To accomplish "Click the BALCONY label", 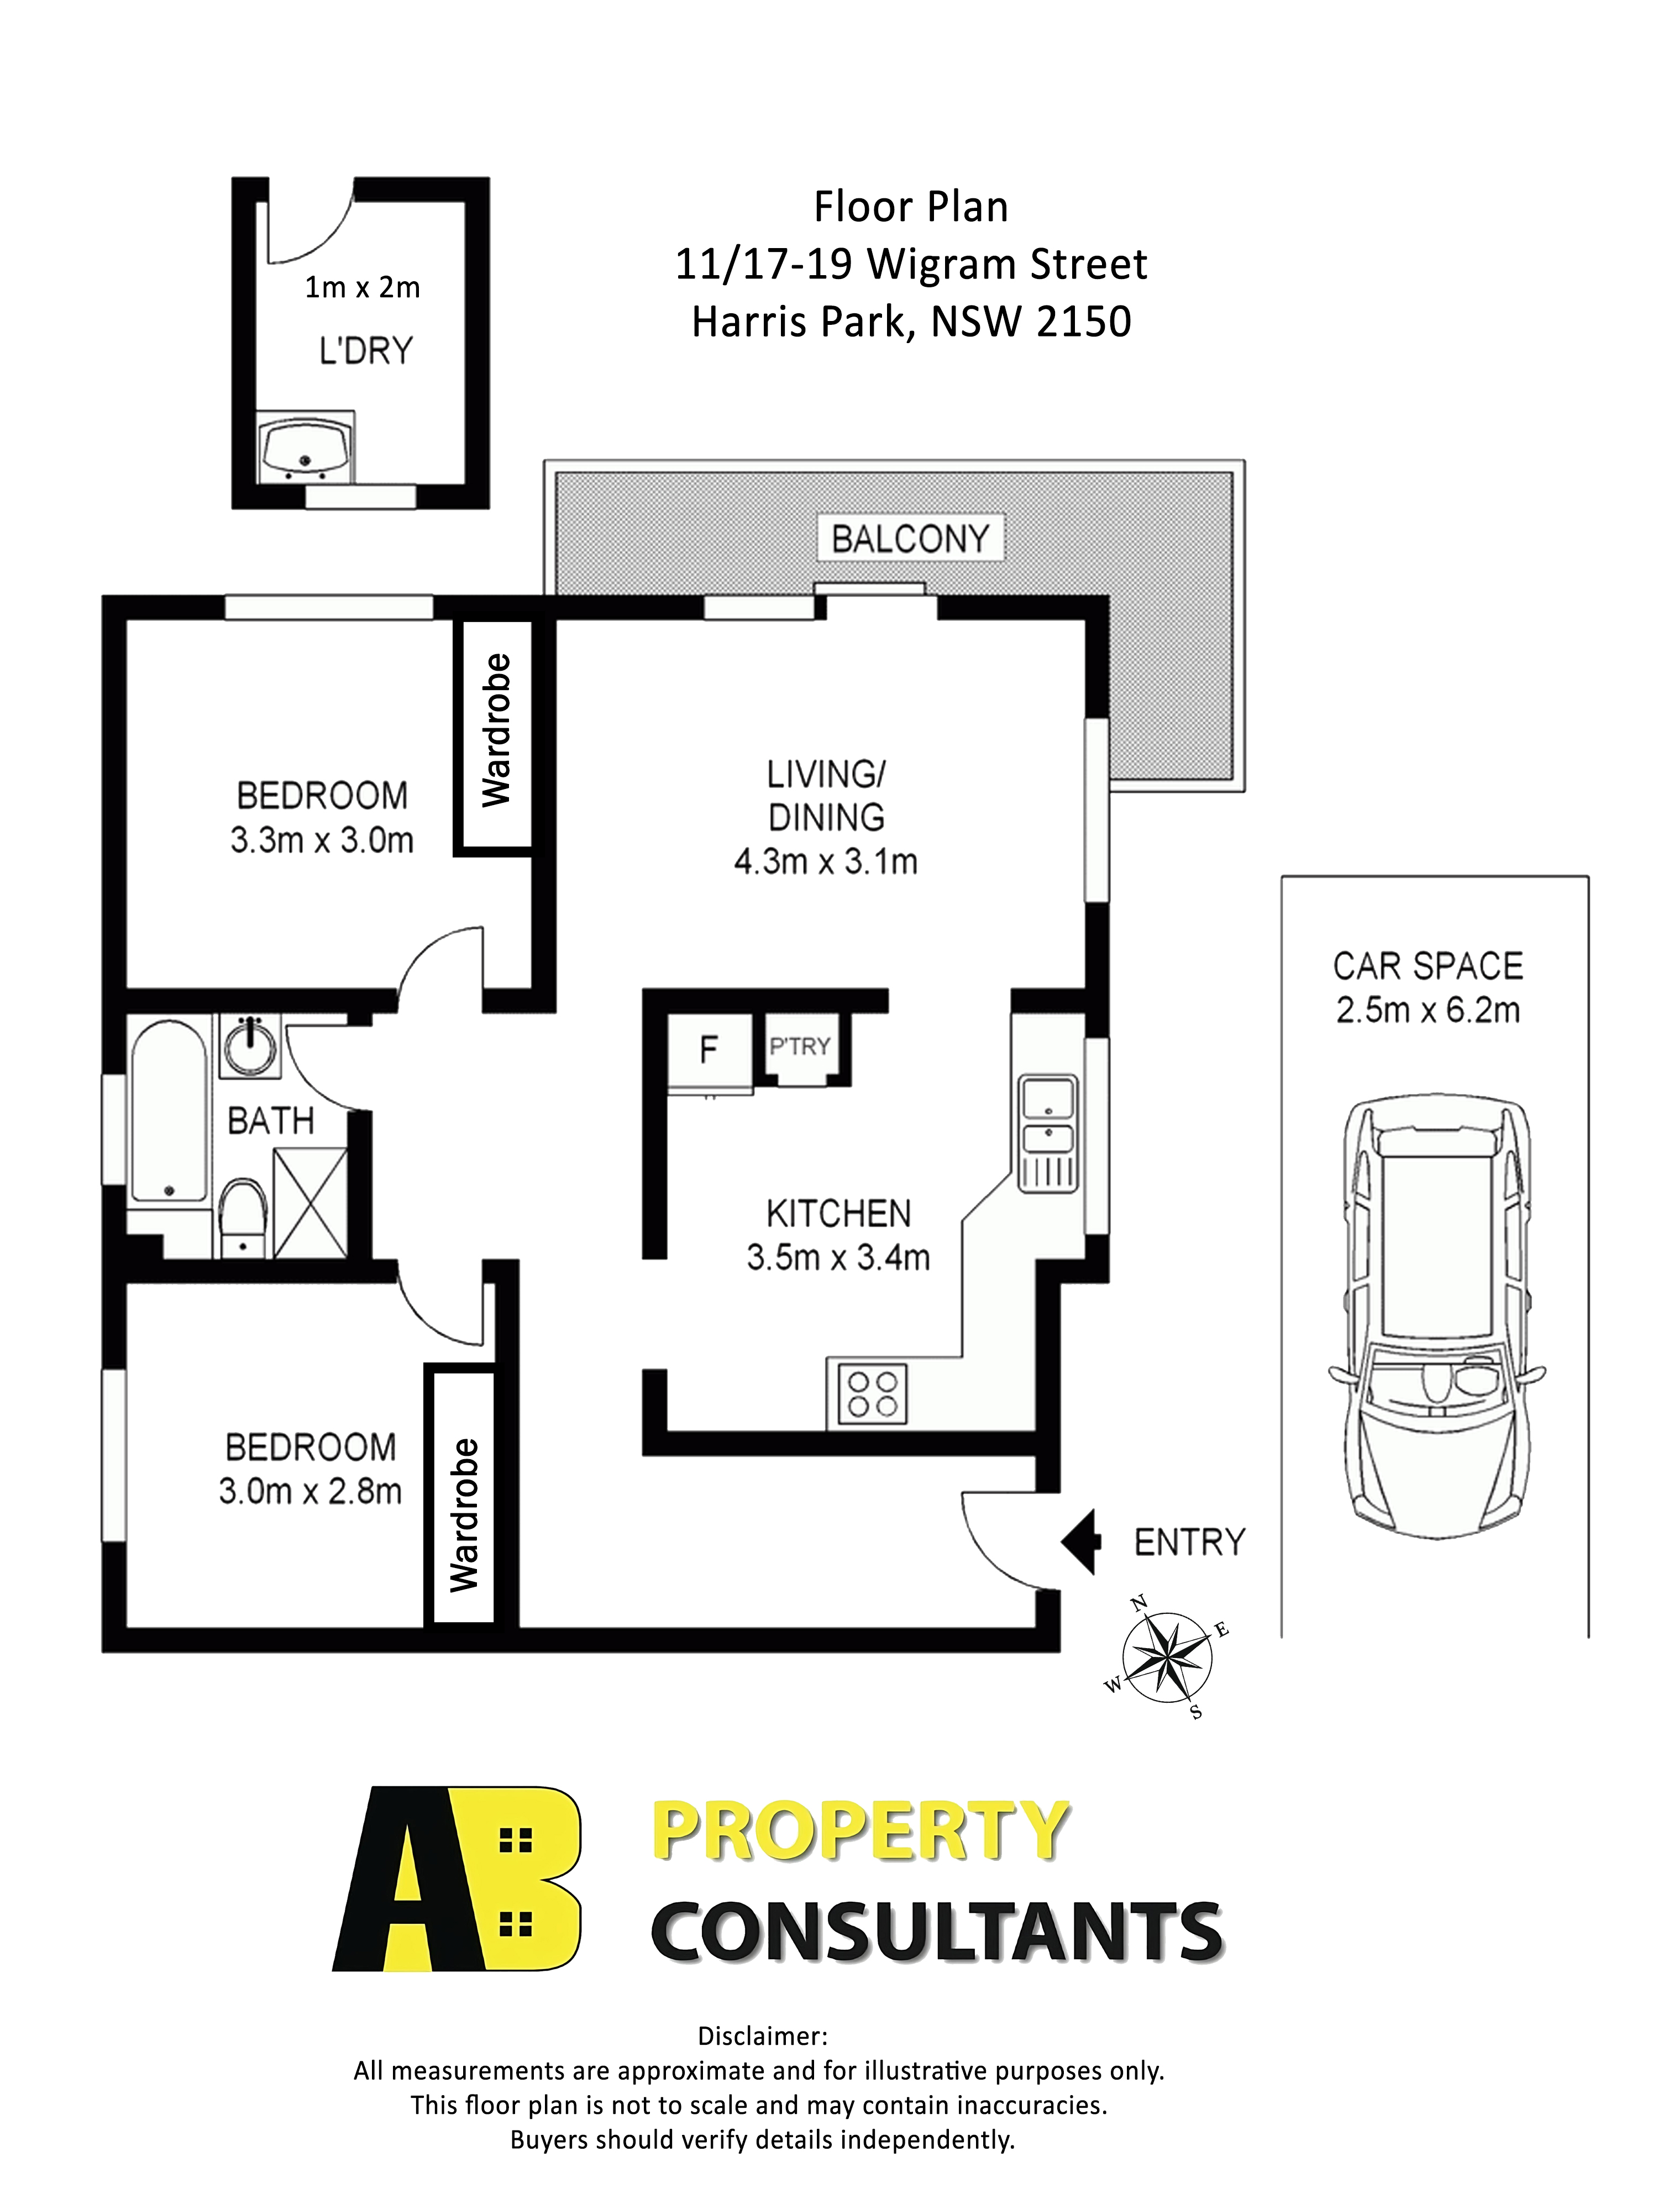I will pyautogui.click(x=910, y=539).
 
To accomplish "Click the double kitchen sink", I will pyautogui.click(x=1046, y=1133).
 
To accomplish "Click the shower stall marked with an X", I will pyautogui.click(x=310, y=1203).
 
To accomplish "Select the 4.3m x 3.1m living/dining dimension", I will pyautogui.click(x=826, y=861).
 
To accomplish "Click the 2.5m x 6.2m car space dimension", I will pyautogui.click(x=1427, y=1010).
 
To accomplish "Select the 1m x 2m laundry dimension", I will pyautogui.click(x=362, y=288).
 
